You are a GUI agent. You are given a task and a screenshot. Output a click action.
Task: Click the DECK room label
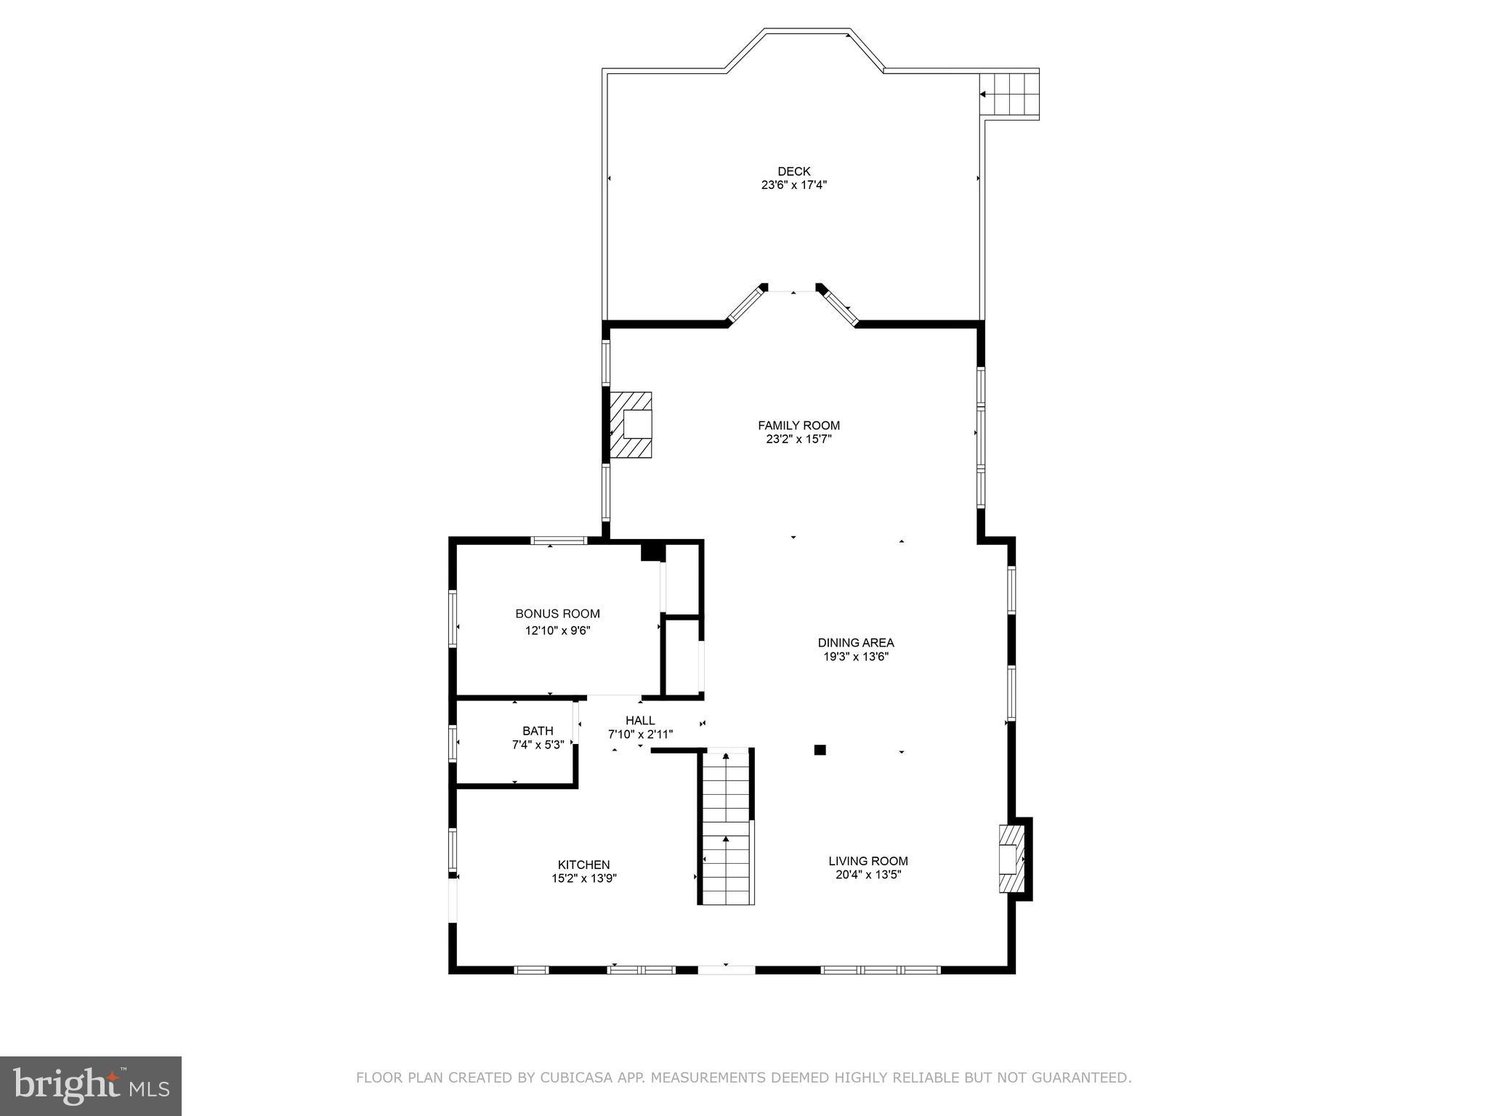coord(793,171)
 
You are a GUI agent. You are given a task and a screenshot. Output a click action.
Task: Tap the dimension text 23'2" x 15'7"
coord(798,440)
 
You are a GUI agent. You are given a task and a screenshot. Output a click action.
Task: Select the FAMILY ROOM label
coord(798,426)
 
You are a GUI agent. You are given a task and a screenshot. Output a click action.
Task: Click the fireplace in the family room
coord(631,425)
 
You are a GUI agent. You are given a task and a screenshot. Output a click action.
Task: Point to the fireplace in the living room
coord(1012,859)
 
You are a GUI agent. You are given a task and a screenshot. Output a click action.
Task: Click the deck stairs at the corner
coord(1009,94)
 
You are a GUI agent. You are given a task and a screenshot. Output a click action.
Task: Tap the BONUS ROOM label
coord(557,614)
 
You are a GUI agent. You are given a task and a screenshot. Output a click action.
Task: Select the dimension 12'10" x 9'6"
coord(557,631)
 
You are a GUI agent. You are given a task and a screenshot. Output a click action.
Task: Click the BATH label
coord(538,731)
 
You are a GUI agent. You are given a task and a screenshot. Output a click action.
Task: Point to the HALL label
coord(640,721)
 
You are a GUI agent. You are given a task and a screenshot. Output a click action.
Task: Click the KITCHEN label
coord(583,865)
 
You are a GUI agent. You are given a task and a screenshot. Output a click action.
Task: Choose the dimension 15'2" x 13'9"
coord(583,878)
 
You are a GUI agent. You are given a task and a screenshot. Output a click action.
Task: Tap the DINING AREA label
coord(855,643)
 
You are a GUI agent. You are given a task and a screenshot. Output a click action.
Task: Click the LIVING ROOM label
coord(868,861)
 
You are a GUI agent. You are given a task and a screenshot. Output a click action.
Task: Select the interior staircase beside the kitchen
coord(726,828)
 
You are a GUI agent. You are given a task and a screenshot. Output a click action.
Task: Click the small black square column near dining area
coord(820,750)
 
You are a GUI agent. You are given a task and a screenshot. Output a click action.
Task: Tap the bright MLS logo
coord(90,1085)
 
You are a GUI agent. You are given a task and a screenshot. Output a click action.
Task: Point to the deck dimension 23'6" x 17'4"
coord(793,185)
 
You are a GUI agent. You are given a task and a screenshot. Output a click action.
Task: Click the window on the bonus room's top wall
coord(558,540)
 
